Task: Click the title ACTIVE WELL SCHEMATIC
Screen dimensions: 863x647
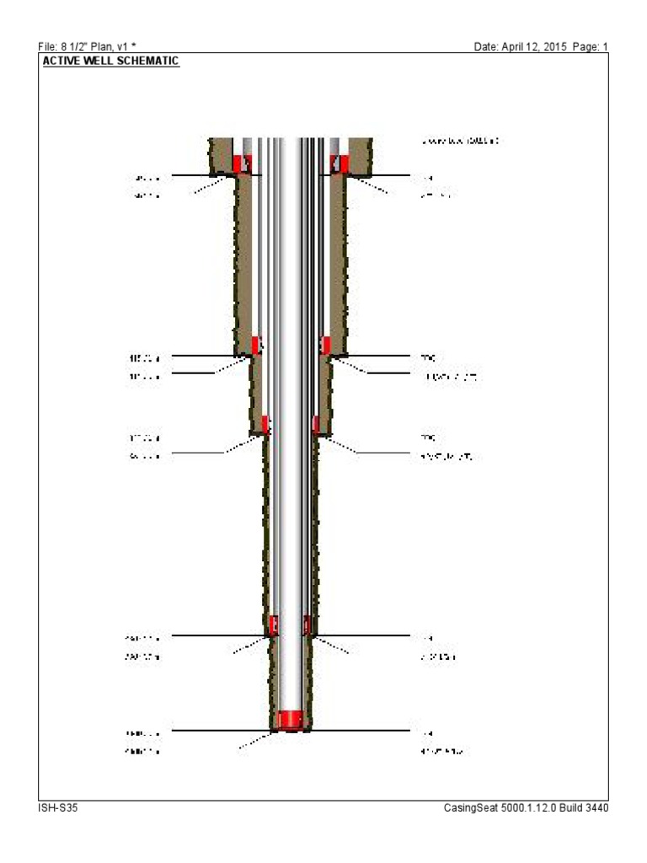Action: coord(110,62)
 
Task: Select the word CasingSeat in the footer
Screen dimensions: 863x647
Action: coord(468,807)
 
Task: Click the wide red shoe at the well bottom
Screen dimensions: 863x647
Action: coord(291,719)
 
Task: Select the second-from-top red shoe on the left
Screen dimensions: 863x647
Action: coord(256,345)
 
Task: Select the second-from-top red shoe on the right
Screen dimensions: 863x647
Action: coord(325,345)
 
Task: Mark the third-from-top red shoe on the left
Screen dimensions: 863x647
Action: coord(265,424)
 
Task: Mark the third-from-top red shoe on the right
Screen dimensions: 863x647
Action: coord(316,424)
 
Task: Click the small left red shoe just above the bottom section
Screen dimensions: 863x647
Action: coord(273,625)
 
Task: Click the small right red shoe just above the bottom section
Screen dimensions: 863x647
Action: coord(307,625)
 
